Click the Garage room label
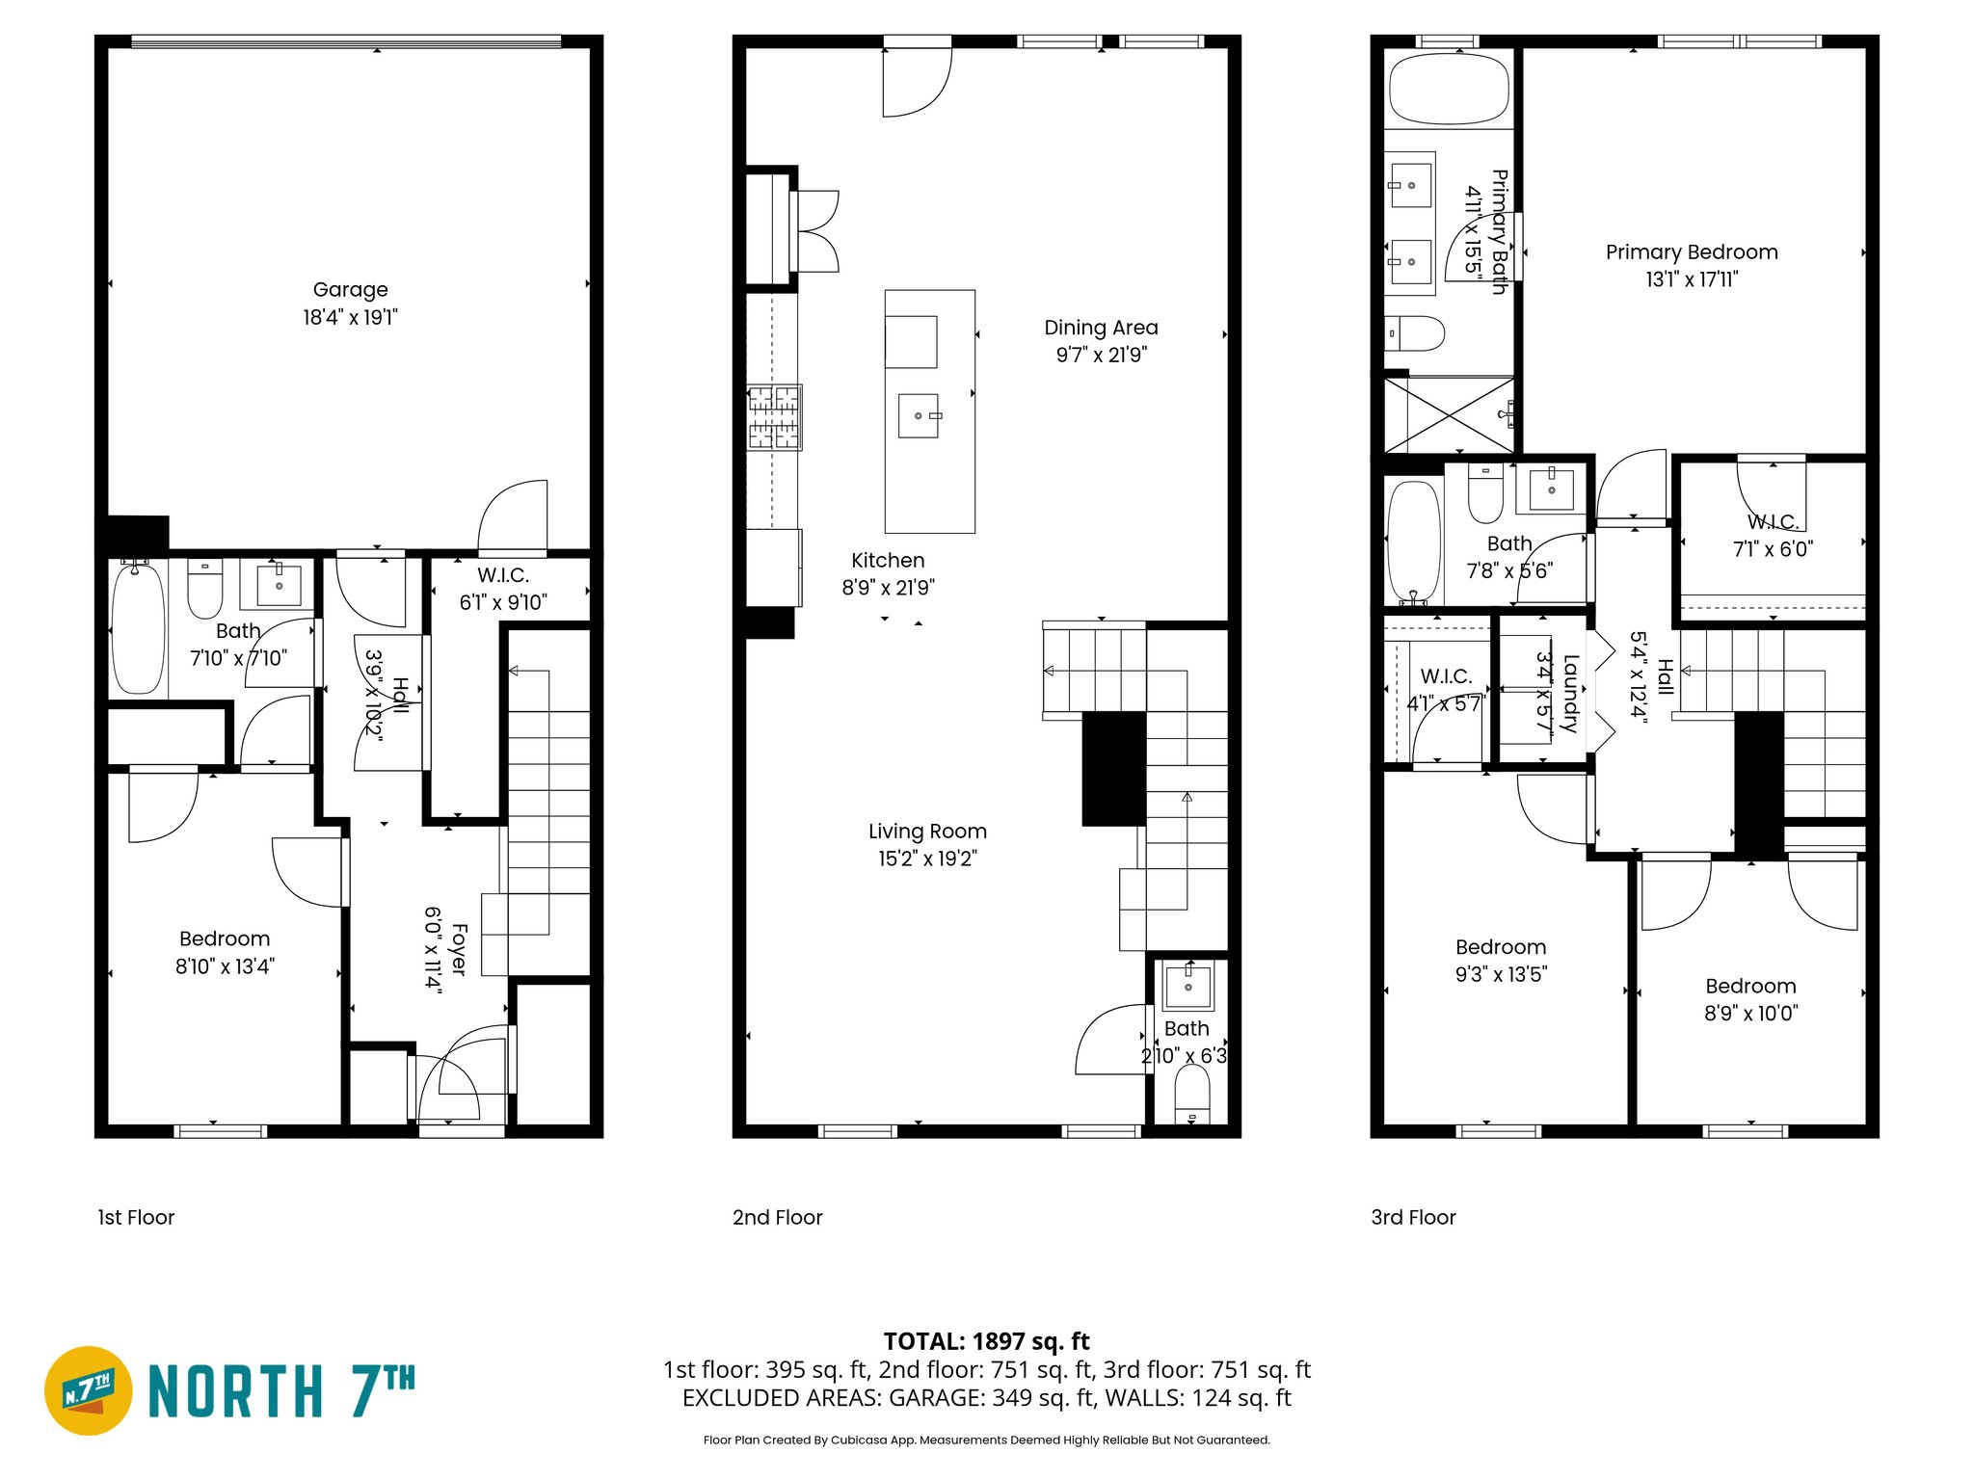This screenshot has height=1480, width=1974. [x=350, y=289]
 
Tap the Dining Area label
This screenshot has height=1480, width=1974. [x=1101, y=328]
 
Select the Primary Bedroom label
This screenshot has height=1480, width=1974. [x=1691, y=252]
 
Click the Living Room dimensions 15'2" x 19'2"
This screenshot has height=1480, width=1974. [x=927, y=859]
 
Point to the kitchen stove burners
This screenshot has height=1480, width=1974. [x=774, y=417]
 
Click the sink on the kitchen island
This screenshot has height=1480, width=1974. [x=919, y=415]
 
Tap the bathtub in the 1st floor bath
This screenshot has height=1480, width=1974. [x=138, y=628]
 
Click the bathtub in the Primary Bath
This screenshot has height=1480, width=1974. [x=1448, y=89]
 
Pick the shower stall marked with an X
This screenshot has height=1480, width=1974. [x=1449, y=414]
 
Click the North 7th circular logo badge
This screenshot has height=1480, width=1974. [x=89, y=1390]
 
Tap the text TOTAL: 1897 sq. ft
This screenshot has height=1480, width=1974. [x=986, y=1341]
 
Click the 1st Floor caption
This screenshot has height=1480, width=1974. [x=136, y=1217]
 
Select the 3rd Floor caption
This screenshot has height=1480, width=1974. [x=1413, y=1217]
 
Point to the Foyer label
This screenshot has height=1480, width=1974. [x=459, y=949]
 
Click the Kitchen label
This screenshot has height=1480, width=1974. [x=888, y=561]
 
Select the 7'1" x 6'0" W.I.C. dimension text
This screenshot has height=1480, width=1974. [x=1773, y=549]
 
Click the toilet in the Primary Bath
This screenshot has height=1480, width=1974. [x=1417, y=334]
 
